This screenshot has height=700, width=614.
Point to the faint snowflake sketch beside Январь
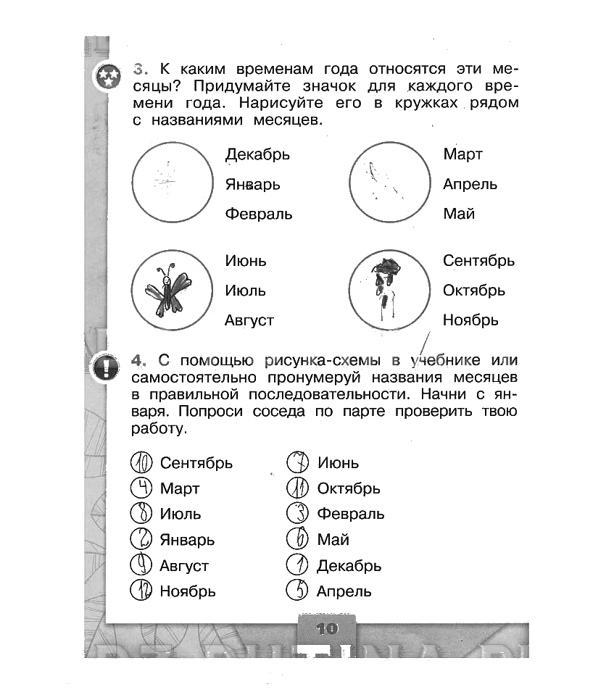point(165,178)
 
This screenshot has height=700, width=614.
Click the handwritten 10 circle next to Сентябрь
point(142,462)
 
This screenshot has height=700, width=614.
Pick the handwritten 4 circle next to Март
point(142,488)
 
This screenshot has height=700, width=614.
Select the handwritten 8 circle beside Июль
point(141,514)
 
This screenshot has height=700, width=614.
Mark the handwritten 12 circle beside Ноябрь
point(142,591)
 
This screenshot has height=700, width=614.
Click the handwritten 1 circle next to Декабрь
point(298,564)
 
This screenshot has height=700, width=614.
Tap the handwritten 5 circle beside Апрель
point(298,591)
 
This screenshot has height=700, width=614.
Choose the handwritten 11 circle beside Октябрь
point(298,488)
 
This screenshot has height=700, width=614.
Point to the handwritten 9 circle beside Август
point(141,564)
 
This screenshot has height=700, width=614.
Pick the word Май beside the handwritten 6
point(333,540)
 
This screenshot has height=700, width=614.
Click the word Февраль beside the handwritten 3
point(351,514)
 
